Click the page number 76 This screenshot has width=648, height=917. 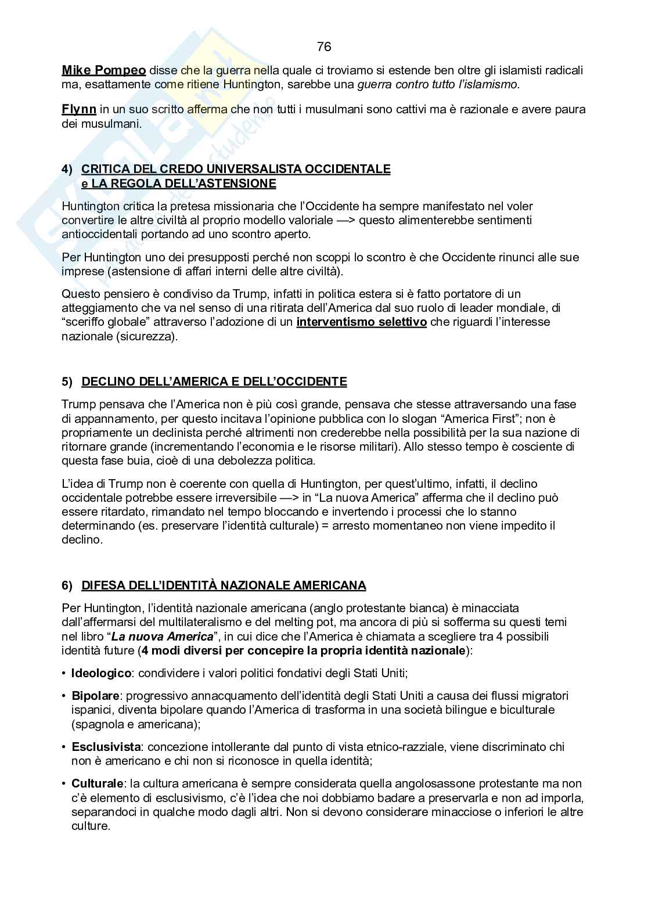pos(324,47)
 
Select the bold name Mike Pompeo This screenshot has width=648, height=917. pos(104,71)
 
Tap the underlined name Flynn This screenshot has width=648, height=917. pos(79,109)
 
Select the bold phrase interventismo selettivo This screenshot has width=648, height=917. pos(361,322)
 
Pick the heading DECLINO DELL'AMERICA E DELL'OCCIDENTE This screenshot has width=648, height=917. pos(214,382)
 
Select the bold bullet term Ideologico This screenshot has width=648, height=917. pos(101,674)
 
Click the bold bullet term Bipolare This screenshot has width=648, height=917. pos(95,696)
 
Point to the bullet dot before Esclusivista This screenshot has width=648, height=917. pos(64,747)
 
